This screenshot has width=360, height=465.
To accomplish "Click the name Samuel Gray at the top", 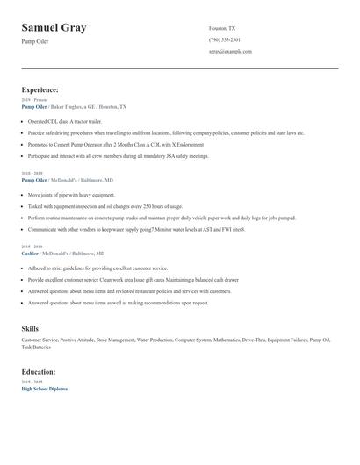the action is click(54, 28).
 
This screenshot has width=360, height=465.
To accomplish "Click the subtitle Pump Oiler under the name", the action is click(37, 42).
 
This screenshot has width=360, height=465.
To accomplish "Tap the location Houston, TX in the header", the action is click(222, 28).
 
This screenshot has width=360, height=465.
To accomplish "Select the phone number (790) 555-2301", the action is click(225, 39).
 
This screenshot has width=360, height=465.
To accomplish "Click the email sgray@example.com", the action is click(230, 51).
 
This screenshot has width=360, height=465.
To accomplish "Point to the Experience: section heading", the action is click(40, 89).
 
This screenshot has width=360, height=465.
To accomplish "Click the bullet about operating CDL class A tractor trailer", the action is click(65, 121).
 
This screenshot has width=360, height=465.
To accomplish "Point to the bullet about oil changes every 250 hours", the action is click(107, 206).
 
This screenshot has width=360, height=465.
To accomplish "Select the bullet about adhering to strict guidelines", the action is click(97, 268).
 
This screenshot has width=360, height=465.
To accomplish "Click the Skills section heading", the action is click(30, 328).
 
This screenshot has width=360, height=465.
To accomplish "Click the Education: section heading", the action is click(40, 371).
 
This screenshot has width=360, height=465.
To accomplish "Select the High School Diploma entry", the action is click(44, 388).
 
